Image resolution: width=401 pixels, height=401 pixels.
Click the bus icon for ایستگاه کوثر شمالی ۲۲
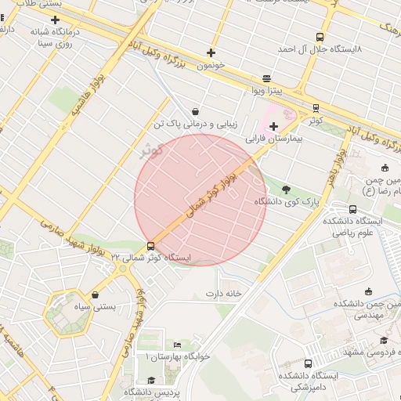pyautogui.click(x=150, y=246)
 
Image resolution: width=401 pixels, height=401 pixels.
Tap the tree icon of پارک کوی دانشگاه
pyautogui.click(x=285, y=189)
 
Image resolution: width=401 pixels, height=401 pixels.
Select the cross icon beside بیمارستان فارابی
pyautogui.click(x=273, y=126)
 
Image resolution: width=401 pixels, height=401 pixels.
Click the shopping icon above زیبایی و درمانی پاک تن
pyautogui.click(x=194, y=111)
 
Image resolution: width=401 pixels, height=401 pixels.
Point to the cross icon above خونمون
pyautogui.click(x=211, y=53)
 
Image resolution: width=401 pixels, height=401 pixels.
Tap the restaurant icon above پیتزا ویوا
pyautogui.click(x=267, y=78)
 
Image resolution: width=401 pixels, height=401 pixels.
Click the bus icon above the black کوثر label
pyautogui.click(x=316, y=108)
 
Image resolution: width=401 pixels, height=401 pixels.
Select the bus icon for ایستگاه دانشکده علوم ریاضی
pyautogui.click(x=352, y=209)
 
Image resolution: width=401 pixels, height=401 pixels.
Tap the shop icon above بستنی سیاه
pyautogui.click(x=96, y=295)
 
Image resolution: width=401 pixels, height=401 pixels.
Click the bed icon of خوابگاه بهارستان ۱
pyautogui.click(x=177, y=345)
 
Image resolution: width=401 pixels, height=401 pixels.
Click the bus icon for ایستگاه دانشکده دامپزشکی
pyautogui.click(x=308, y=364)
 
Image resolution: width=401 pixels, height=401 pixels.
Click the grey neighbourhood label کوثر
pyautogui.click(x=150, y=150)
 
